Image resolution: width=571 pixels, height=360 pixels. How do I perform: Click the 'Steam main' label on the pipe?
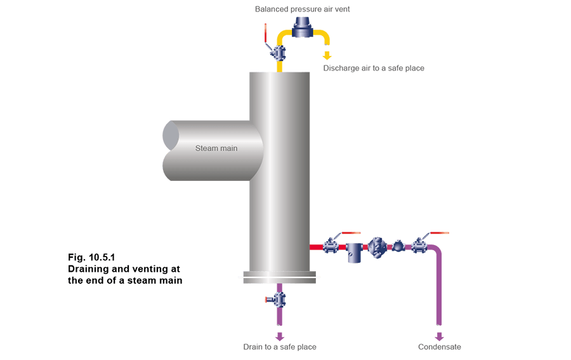(x=216, y=148)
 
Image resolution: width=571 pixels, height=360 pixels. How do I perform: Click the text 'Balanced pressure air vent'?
(x=302, y=10)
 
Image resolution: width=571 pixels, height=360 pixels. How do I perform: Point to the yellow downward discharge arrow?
(x=327, y=56)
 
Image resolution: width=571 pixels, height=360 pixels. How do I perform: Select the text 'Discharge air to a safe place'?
(x=374, y=68)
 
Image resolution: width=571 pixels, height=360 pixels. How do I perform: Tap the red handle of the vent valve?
(x=266, y=33)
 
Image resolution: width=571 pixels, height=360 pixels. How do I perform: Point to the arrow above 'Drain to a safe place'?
(x=280, y=337)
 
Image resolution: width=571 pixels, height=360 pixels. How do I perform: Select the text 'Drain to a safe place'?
(x=280, y=347)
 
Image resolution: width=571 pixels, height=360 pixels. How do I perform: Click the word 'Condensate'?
(x=440, y=347)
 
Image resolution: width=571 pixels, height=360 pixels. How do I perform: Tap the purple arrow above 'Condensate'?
(x=439, y=337)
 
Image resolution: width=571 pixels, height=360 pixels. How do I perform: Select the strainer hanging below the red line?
(x=353, y=252)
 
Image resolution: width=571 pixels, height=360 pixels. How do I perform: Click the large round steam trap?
(x=377, y=246)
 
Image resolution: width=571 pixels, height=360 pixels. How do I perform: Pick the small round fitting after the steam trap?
(x=398, y=246)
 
